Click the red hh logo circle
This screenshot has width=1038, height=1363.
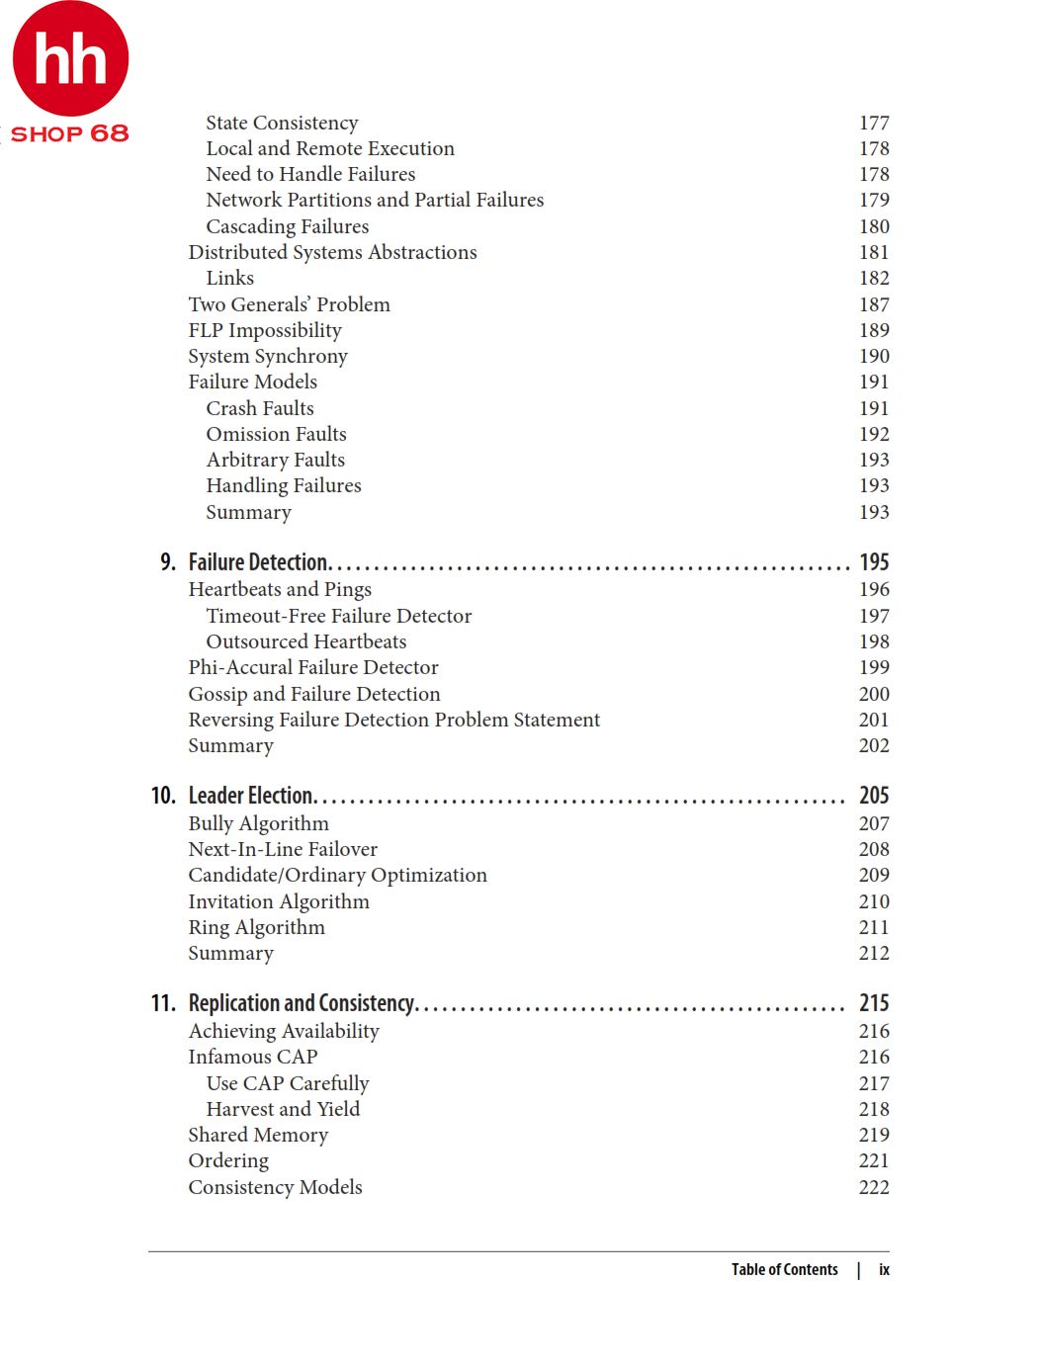[70, 57]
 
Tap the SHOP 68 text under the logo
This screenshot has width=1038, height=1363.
[69, 133]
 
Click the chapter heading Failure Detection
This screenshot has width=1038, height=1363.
[259, 562]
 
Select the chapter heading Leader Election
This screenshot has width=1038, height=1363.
[251, 796]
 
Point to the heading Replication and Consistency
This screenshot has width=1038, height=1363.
[302, 1003]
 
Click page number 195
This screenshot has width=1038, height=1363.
[874, 562]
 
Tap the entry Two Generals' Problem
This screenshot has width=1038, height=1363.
[289, 304]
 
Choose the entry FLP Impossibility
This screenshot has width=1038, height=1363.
[265, 330]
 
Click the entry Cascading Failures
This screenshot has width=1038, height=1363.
[287, 226]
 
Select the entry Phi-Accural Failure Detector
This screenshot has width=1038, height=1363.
[313, 667]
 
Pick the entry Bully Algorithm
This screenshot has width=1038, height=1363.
[258, 823]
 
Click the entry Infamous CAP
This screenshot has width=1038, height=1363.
[252, 1057]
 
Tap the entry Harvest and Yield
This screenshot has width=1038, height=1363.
[283, 1109]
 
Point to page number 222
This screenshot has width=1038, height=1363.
[874, 1187]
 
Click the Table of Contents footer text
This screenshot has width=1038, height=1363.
[784, 1270]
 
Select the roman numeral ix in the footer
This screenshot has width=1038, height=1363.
[884, 1270]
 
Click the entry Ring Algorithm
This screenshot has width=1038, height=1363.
[256, 927]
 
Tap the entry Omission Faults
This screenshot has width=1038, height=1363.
[276, 434]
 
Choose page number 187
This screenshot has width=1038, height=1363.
[874, 304]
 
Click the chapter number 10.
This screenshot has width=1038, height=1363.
[163, 796]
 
